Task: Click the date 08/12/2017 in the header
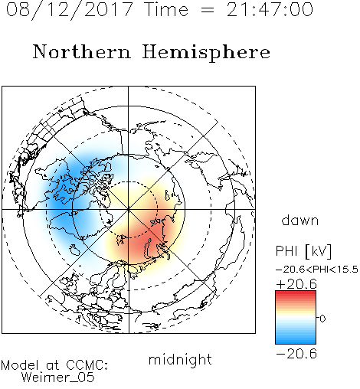point(69,10)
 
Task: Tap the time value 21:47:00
point(270,10)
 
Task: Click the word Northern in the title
point(82,52)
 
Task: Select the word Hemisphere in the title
point(206,52)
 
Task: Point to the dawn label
point(300,221)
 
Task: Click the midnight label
point(180,359)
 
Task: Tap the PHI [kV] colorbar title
point(303,251)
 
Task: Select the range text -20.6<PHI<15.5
point(317,270)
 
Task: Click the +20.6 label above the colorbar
point(296,284)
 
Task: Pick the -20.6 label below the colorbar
point(296,354)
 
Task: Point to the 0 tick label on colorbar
point(322,319)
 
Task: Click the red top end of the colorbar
point(296,293)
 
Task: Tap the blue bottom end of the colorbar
point(296,342)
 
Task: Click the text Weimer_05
point(58,378)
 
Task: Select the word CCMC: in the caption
point(87,365)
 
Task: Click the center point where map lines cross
point(129,209)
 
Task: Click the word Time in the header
point(166,10)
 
